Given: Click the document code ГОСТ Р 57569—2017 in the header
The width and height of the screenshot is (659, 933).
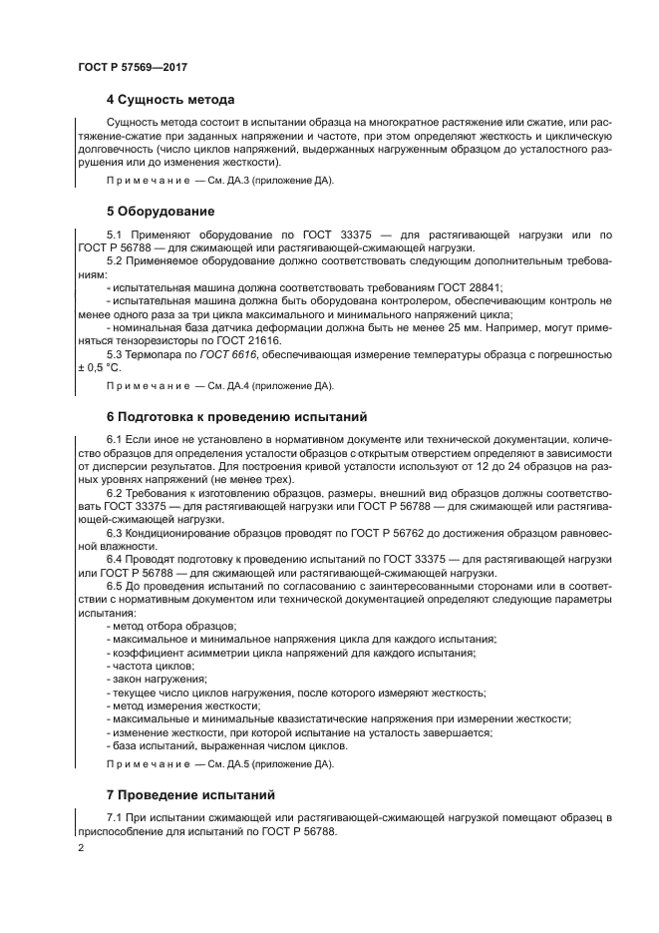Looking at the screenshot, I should [x=133, y=66].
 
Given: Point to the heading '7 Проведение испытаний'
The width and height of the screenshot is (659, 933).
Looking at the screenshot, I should [x=189, y=795].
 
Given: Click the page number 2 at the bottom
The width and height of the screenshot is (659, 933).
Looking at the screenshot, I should [x=82, y=848].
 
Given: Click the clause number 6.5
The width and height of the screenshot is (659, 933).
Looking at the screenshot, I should [x=115, y=587].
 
